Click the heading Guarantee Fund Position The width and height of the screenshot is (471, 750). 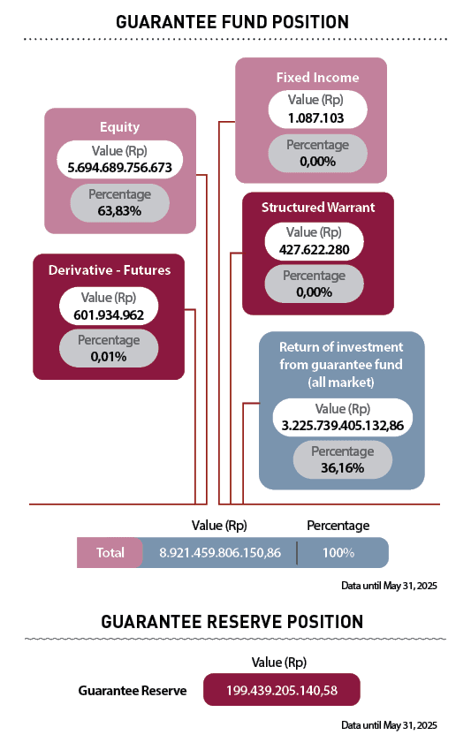click(233, 21)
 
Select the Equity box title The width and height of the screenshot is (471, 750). click(120, 126)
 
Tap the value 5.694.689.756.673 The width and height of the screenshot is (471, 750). click(120, 166)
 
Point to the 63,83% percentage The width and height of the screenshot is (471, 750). click(120, 212)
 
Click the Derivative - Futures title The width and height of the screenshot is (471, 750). click(109, 269)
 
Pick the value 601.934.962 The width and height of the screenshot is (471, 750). click(109, 314)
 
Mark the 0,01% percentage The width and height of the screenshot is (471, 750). click(109, 357)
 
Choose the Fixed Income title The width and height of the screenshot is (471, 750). click(311, 77)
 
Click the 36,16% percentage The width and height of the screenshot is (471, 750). click(343, 468)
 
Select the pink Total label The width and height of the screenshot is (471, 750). click(110, 553)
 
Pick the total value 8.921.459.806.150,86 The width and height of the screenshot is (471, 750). click(220, 553)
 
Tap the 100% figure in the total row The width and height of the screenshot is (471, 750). click(338, 553)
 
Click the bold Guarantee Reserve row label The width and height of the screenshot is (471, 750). click(133, 691)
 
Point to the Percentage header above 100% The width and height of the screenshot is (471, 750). click(338, 526)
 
